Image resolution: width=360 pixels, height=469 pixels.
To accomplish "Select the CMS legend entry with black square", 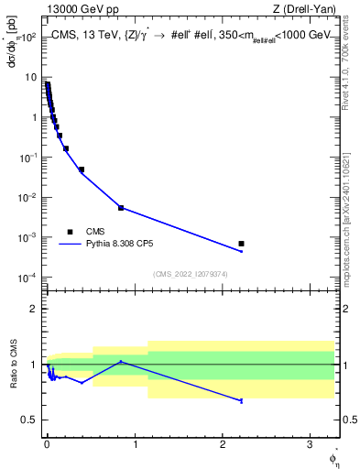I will (70, 232).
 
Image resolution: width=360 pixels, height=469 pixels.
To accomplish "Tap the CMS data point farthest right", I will (241, 244).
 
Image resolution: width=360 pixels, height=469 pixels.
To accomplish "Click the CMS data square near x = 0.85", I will (121, 208).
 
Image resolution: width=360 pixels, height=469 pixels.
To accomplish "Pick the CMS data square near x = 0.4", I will (82, 169).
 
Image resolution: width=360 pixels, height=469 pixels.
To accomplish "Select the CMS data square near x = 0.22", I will (66, 148).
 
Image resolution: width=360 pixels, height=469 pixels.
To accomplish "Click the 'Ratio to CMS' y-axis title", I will (13, 365).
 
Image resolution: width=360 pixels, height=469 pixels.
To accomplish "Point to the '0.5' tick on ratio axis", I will (30, 420).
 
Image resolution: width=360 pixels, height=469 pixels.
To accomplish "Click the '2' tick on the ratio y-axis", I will (35, 309).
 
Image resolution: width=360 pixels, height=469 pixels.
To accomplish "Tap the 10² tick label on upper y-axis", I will (30, 38).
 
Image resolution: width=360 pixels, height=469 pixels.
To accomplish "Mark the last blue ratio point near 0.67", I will (241, 401).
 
